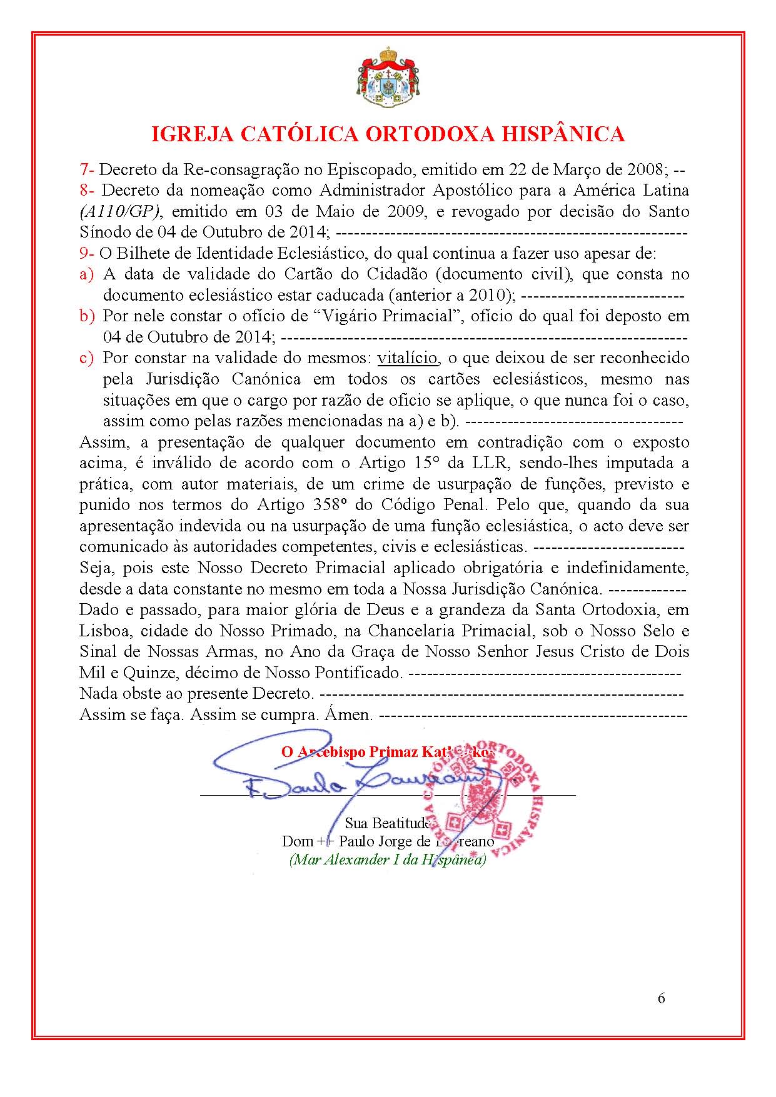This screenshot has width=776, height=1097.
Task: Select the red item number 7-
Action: point(87,169)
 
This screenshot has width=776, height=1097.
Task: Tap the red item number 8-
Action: point(88,190)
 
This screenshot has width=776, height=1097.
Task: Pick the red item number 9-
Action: point(87,253)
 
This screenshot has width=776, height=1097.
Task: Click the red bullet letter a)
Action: point(86,274)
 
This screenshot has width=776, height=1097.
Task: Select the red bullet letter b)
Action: point(87,316)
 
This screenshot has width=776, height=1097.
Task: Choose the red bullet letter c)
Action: point(86,358)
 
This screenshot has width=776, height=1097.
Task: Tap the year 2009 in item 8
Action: point(406,211)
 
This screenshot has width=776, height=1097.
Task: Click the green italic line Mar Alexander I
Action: point(387,859)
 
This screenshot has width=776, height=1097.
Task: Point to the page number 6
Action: point(661,998)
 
